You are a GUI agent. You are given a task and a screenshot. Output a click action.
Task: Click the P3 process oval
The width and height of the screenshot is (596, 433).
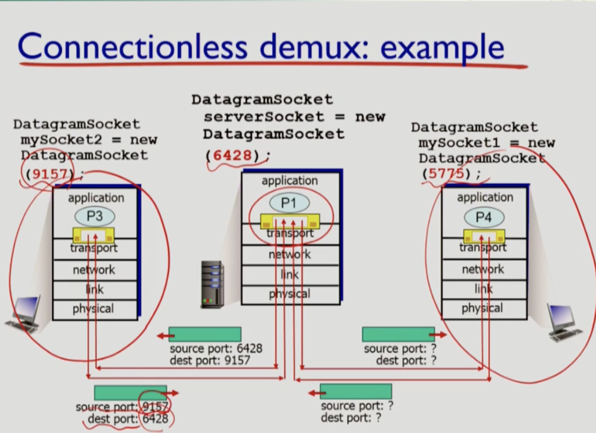point(94,216)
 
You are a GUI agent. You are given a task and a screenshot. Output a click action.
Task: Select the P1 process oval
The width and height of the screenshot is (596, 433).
point(289,203)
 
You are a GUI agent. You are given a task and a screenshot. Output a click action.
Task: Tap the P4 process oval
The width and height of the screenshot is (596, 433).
point(484,217)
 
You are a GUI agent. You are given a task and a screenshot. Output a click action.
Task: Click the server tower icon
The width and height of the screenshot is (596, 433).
point(212,284)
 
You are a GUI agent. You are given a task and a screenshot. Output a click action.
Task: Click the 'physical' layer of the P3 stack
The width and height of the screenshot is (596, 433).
point(94,308)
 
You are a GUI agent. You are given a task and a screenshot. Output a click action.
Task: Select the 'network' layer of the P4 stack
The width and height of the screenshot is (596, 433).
point(483,269)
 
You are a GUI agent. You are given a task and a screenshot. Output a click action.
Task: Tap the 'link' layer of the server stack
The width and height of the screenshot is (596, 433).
point(290,275)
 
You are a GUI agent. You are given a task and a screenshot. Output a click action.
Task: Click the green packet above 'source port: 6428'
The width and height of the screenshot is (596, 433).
point(205,334)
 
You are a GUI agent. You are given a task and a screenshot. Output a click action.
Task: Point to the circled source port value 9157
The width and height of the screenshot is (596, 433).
point(156,406)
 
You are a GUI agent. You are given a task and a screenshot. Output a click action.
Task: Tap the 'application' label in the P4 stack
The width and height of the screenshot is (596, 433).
point(485,197)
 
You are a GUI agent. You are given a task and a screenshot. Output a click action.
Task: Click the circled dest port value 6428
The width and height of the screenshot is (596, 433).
point(154,419)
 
